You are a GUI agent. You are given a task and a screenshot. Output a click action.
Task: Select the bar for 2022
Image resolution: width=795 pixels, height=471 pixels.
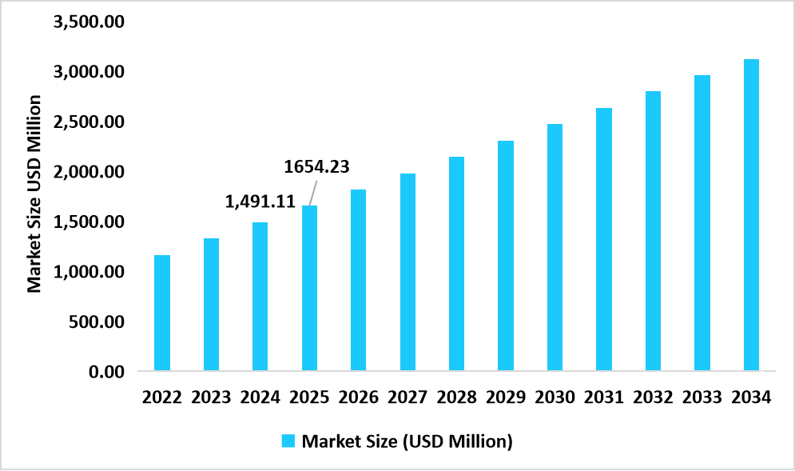point(162,313)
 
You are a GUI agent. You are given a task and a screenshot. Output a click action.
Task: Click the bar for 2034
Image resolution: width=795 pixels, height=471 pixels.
point(751,215)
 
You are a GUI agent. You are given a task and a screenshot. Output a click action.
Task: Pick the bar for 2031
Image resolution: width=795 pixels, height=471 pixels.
point(604,239)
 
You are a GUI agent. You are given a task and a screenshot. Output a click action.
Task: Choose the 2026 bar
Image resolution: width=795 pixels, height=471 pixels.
point(359,280)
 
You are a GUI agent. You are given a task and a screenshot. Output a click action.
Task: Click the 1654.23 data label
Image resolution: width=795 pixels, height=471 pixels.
point(317,166)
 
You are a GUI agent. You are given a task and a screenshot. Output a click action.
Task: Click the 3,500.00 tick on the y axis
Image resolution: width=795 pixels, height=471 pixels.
point(89,22)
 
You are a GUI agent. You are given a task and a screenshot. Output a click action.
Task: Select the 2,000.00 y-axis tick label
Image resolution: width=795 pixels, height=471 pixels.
point(89,172)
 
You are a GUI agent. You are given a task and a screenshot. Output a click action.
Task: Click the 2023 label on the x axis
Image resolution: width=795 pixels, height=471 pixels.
point(211,397)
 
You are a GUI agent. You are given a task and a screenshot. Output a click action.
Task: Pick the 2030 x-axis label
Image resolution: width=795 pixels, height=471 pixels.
point(555,397)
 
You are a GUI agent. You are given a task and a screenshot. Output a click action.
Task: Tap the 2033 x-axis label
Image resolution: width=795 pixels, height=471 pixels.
point(702,397)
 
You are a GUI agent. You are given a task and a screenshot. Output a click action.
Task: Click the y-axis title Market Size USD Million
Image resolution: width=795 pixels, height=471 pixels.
point(34,194)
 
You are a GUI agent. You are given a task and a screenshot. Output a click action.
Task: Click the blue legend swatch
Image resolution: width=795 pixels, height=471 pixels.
point(288,441)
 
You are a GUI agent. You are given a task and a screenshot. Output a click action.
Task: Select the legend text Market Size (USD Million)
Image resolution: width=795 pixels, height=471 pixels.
point(407,441)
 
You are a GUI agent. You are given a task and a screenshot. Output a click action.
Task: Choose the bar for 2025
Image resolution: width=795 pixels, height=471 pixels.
point(309,288)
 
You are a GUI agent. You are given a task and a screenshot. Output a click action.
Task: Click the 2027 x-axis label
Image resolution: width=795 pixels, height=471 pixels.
point(407,397)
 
